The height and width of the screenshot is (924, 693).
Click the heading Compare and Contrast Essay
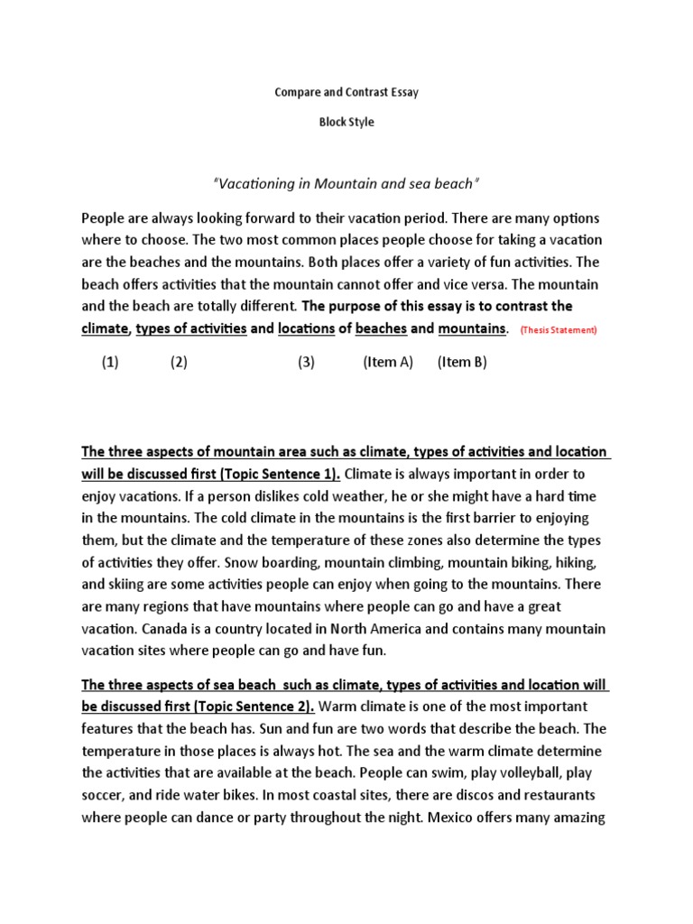coord(346,92)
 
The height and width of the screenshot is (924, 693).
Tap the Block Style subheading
coord(346,123)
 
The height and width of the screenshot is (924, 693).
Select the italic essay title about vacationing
coord(346,184)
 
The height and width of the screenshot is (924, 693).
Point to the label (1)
coord(110,363)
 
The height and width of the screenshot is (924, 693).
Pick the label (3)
coord(307,363)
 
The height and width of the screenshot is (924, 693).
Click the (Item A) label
coord(388,363)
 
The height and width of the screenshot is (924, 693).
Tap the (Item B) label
coord(462,363)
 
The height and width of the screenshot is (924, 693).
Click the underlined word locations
coord(307,329)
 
